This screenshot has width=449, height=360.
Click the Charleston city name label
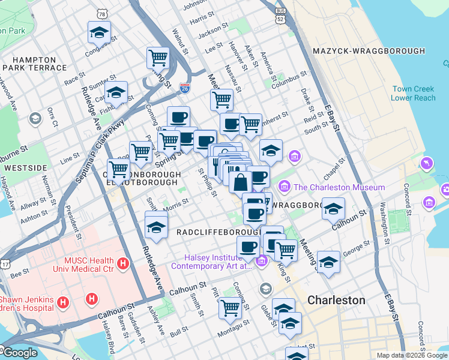336,300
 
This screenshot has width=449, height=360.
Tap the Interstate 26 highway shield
185,88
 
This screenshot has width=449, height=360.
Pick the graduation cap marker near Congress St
99,31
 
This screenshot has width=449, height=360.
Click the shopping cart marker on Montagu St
230,307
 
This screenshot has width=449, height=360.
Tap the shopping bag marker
240,181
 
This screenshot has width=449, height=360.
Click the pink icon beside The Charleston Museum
285,187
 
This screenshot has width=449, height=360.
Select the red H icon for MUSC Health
123,263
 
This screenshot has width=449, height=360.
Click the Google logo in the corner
20,353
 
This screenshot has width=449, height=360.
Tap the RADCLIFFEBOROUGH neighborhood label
218,232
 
